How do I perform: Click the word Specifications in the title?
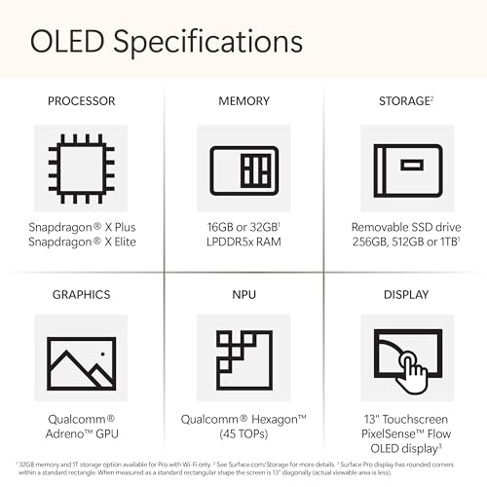pos(207,44)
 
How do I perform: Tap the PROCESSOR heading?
pos(81,100)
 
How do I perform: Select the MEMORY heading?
pos(243,100)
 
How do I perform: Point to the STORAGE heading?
pos(403,100)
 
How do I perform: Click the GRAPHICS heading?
pos(81,294)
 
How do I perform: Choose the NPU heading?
pos(243,294)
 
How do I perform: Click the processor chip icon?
pos(81,165)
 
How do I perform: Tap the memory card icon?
pos(243,165)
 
